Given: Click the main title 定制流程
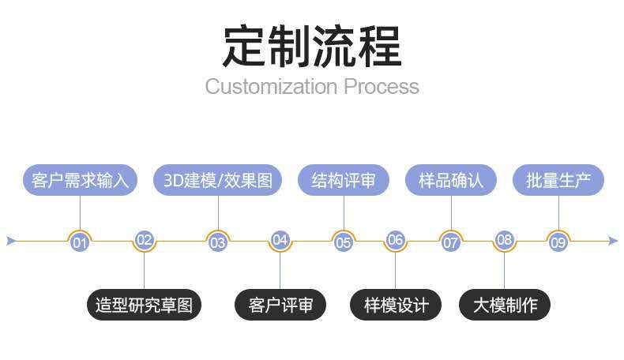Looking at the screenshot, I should (311, 45).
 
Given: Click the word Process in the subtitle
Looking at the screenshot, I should (381, 86).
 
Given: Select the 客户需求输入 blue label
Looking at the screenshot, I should (80, 180).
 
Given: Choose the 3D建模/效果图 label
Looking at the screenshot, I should (217, 180).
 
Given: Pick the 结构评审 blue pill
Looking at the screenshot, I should (344, 180).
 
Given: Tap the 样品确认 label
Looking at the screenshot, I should (450, 180).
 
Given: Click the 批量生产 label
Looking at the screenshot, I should (558, 180).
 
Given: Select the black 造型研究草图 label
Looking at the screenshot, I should (144, 305).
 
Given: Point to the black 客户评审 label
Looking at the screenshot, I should (280, 305).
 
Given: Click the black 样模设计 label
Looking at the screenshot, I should (396, 305).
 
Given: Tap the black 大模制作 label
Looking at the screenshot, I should (505, 305).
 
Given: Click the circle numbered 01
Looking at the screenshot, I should (80, 242).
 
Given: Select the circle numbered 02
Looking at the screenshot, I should (144, 240).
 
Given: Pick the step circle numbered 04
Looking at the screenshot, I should (280, 240).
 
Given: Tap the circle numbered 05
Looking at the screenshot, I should (344, 242).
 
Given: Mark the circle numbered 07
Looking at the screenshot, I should (450, 242).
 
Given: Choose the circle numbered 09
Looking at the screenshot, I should (558, 242).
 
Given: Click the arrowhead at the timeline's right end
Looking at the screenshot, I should (613, 241).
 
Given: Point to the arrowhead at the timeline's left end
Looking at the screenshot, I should (11, 241).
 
